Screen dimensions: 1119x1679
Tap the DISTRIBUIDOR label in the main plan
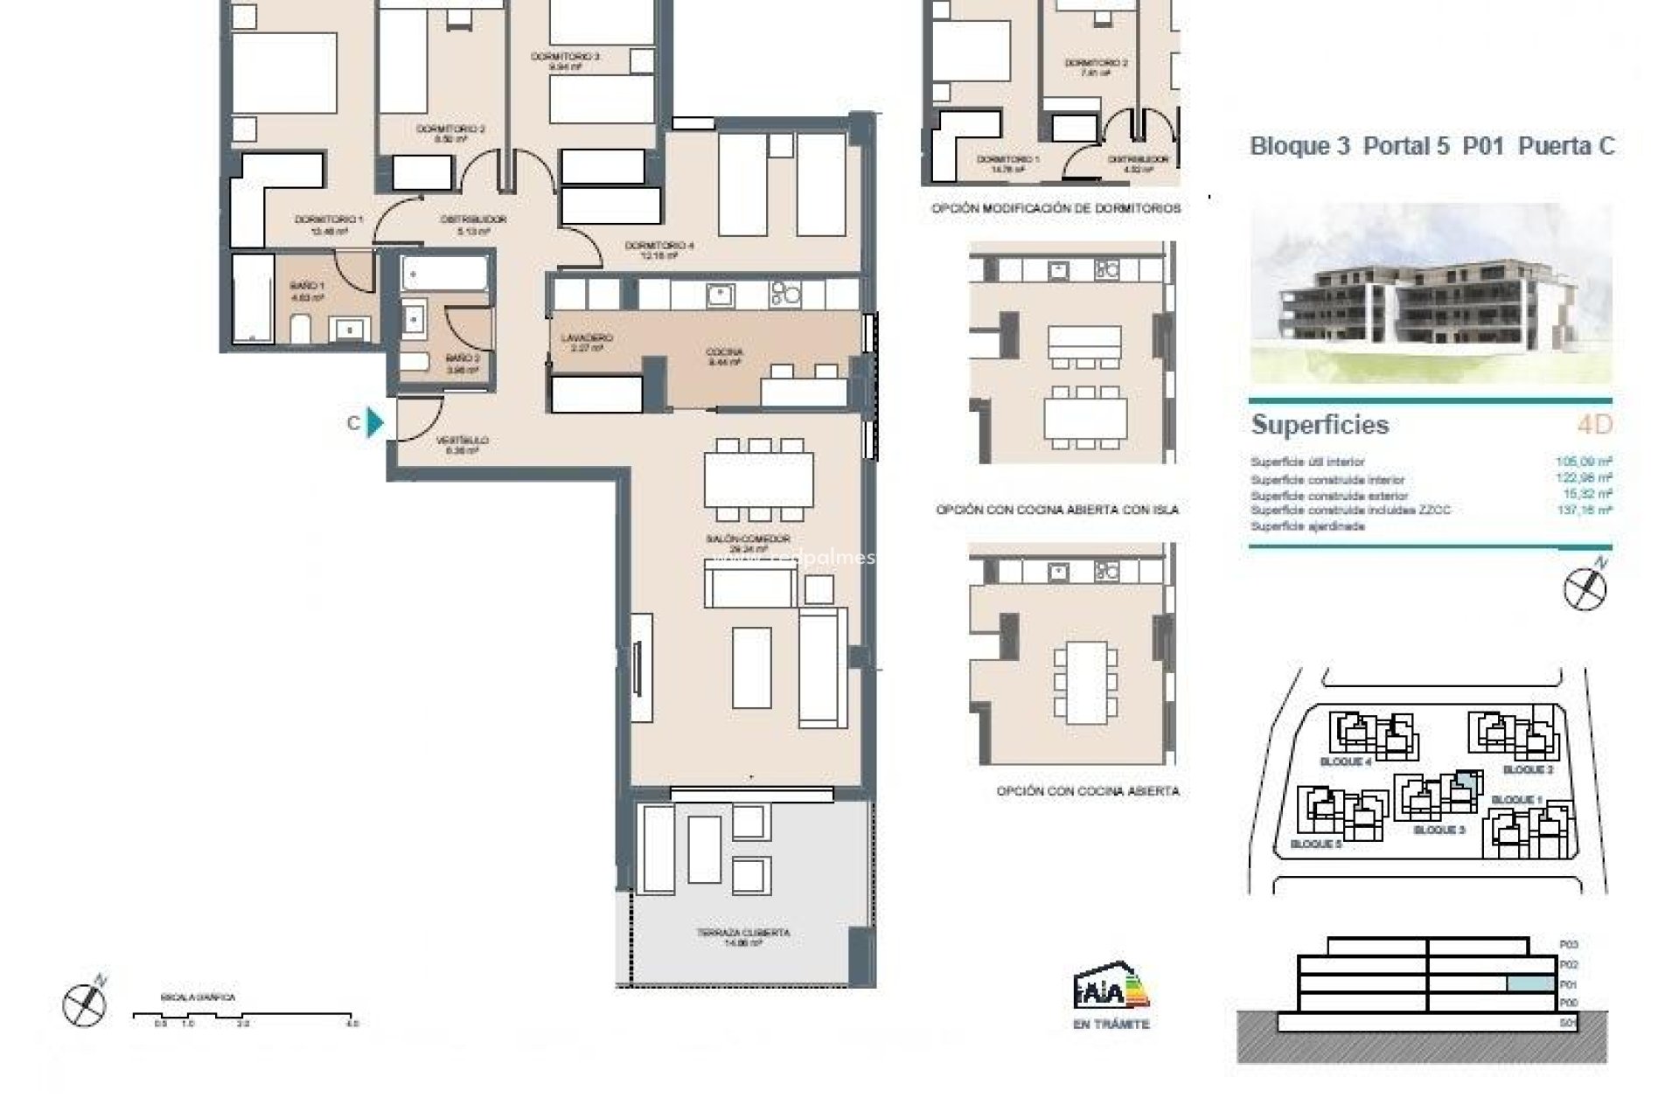(x=473, y=219)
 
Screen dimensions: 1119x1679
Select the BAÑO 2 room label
(x=463, y=358)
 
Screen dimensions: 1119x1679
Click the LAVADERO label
(x=587, y=337)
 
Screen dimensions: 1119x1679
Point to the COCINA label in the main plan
(x=724, y=352)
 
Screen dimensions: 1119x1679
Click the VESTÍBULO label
(x=463, y=441)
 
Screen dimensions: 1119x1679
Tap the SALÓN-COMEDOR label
(x=748, y=539)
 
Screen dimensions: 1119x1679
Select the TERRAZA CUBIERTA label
(x=743, y=933)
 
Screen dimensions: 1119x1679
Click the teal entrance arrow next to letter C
(x=375, y=423)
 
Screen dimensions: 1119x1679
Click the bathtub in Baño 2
(x=444, y=274)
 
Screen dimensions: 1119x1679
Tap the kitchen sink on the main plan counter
(x=721, y=295)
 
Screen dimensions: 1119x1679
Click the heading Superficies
(x=1320, y=425)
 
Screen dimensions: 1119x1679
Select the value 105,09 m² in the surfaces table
(x=1583, y=462)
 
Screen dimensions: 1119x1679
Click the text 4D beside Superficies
(x=1594, y=425)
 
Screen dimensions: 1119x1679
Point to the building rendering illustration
(x=1431, y=293)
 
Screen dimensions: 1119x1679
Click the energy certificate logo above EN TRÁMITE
(x=1111, y=988)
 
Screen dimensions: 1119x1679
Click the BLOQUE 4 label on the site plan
(x=1345, y=761)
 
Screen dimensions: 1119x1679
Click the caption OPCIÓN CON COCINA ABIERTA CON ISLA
(x=1057, y=510)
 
